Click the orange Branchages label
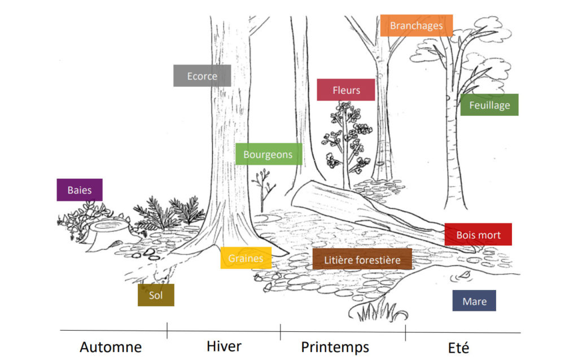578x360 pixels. click(417, 25)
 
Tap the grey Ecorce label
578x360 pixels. click(202, 76)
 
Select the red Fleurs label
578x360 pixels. click(346, 90)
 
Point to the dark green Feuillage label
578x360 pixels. click(489, 105)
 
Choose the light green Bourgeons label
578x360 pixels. click(268, 154)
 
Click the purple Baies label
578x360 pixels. click(80, 190)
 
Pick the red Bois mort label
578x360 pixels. click(478, 234)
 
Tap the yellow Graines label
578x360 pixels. click(246, 258)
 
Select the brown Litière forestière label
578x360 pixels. click(362, 260)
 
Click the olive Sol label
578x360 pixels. click(156, 295)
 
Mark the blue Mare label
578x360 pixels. click(474, 301)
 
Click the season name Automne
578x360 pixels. click(111, 346)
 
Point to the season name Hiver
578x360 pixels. click(224, 345)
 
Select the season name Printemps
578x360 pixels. click(335, 346)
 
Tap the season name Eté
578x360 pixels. click(458, 346)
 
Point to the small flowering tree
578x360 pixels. click(347, 138)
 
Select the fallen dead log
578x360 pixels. click(361, 209)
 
